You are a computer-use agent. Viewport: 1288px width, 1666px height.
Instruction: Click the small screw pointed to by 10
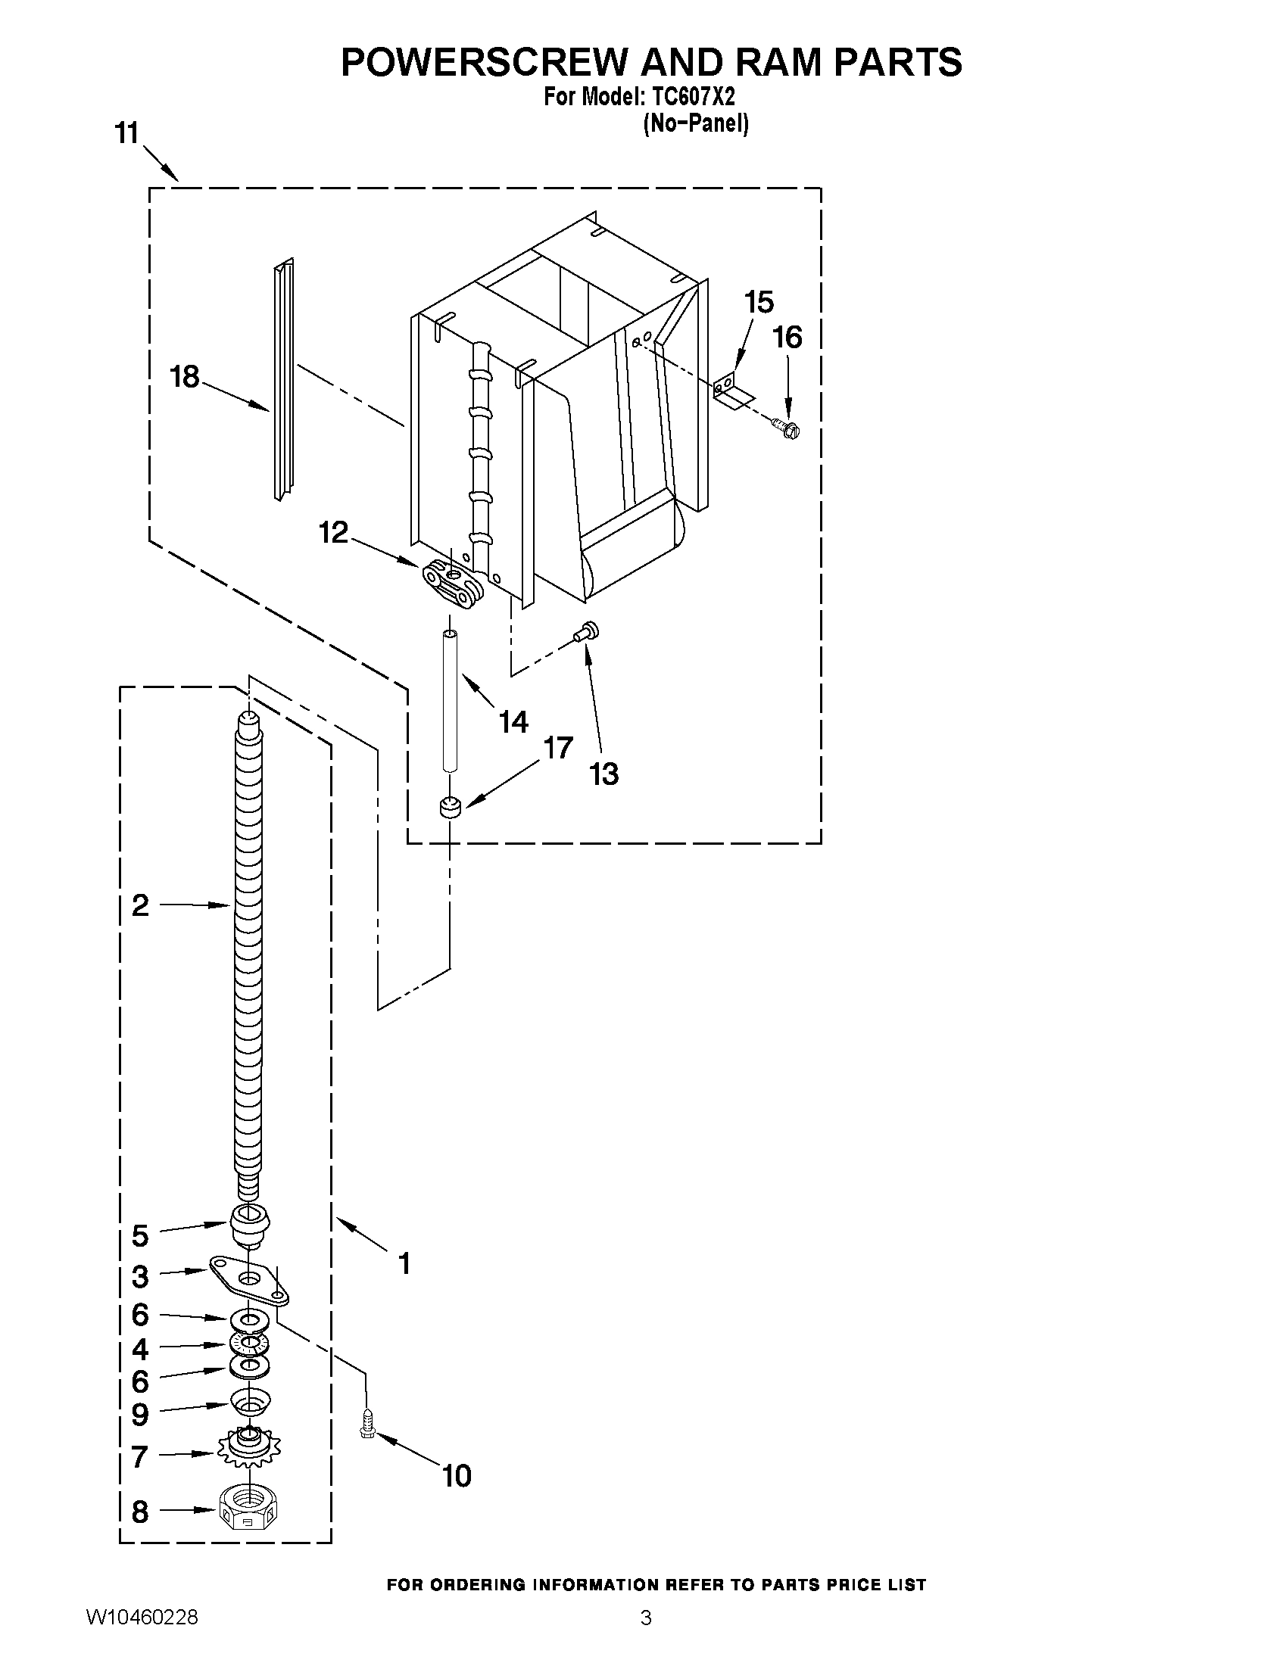(367, 1424)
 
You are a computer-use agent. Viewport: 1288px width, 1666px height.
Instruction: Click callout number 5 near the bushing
(139, 1236)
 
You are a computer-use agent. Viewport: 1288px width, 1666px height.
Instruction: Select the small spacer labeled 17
(451, 807)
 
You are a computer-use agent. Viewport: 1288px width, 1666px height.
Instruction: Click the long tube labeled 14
(451, 702)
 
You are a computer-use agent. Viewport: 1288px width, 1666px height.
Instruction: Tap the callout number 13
(603, 774)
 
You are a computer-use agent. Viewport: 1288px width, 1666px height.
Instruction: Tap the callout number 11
(126, 133)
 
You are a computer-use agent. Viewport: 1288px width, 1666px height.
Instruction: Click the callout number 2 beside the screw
(139, 905)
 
